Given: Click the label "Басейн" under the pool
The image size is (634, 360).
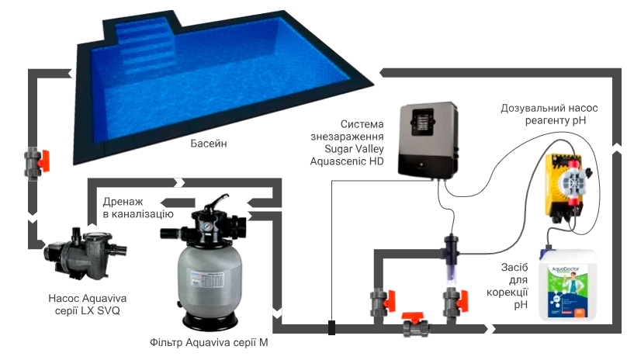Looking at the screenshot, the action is point(208,144).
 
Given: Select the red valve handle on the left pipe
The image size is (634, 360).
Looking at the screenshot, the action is point(43,161).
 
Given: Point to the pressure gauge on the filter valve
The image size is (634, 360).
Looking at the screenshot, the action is point(208,226).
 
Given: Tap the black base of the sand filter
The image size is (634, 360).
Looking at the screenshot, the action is point(210,322).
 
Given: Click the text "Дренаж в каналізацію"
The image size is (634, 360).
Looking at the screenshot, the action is point(138,208).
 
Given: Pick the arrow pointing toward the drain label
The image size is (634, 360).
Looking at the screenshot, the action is point(178,202).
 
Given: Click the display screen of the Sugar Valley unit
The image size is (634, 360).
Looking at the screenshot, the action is point(422,122).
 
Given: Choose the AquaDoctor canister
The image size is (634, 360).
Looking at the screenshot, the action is point(568,284).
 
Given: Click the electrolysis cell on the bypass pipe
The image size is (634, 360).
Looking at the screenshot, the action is point(451,258).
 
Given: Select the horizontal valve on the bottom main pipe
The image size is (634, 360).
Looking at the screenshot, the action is point(416,324).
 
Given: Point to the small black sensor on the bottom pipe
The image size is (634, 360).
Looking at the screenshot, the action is point(331,327).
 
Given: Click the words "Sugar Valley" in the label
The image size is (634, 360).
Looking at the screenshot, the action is point(354,149).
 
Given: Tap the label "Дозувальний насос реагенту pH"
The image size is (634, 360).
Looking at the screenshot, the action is point(549,114).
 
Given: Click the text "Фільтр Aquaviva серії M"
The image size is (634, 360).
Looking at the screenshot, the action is point(209,343).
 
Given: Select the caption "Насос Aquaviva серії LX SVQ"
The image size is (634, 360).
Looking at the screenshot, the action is point(88,305).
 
